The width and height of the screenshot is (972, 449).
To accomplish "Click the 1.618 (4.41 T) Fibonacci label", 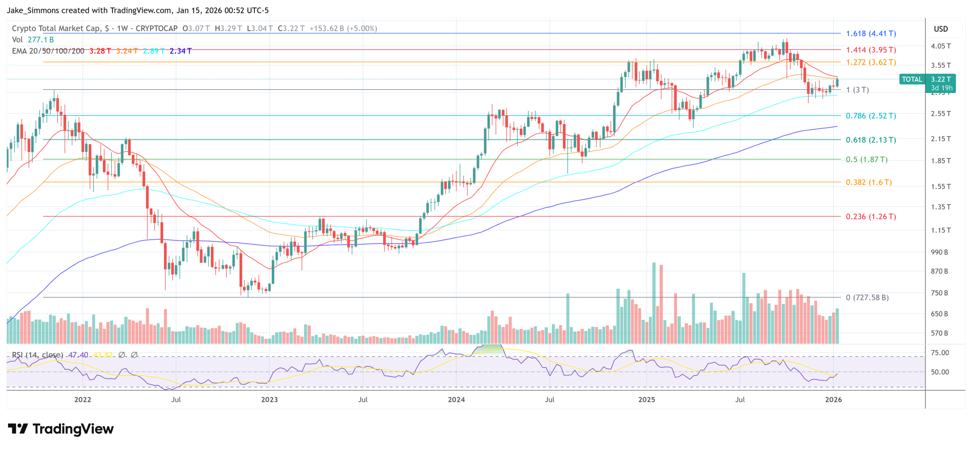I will (x=870, y=33).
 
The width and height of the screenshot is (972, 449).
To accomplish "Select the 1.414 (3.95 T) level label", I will (x=870, y=50).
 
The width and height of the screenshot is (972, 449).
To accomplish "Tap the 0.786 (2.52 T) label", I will (x=870, y=115).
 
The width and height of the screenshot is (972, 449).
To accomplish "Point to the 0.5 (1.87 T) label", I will (x=866, y=159).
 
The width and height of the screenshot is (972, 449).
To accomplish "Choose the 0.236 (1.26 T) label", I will (x=870, y=216).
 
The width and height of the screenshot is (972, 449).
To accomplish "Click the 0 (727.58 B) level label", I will (x=867, y=297).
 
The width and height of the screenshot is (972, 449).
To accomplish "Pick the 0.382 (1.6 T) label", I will (x=868, y=182).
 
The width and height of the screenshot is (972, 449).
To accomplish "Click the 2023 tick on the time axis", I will (x=269, y=399).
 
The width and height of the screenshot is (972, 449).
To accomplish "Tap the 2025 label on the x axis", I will (x=646, y=399).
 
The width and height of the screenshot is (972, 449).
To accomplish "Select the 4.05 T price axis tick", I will (x=940, y=46).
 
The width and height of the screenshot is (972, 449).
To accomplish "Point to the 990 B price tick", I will (x=939, y=252).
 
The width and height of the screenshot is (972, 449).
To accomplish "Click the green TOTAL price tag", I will (x=912, y=79).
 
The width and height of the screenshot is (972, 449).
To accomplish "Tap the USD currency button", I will (x=940, y=29).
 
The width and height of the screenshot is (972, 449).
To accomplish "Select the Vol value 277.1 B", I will (x=41, y=40).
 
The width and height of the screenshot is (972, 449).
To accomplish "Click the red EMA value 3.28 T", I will (x=100, y=51).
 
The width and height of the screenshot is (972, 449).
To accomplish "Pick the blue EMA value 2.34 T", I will (x=180, y=51).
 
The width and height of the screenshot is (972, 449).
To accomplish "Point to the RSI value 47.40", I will (x=78, y=354).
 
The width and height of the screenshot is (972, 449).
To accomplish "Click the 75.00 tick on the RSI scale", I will (x=939, y=353).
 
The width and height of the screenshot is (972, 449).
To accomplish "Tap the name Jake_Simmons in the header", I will (x=33, y=10).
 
